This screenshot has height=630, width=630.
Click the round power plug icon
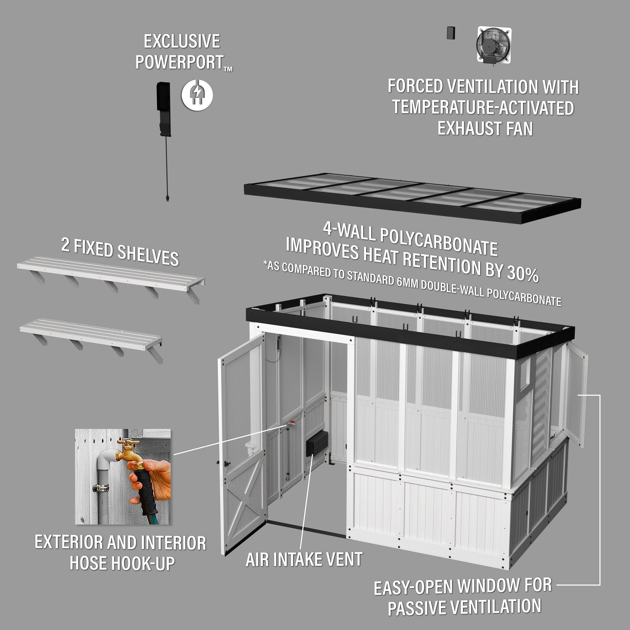click(197, 95)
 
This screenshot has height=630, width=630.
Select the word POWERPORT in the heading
click(180, 62)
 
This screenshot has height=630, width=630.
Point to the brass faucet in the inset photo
click(128, 451)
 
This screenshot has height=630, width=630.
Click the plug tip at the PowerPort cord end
click(167, 198)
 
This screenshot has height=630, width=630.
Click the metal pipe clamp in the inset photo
click(101, 488)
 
